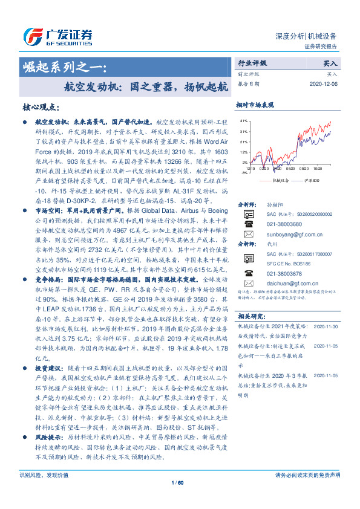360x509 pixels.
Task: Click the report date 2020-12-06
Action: [x=322, y=84]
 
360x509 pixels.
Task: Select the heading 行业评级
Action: [x=252, y=63]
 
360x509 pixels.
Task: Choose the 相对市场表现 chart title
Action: [x=255, y=105]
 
